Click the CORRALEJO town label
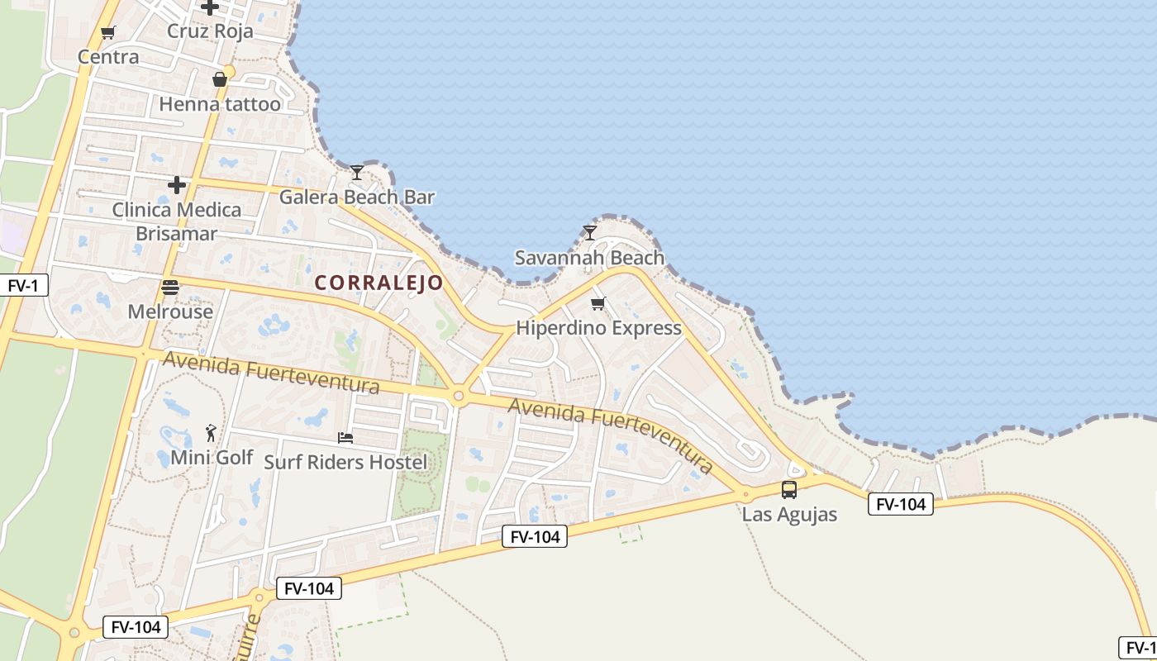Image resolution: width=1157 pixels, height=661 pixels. (x=379, y=283)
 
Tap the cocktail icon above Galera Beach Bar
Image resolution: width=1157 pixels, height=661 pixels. (x=357, y=172)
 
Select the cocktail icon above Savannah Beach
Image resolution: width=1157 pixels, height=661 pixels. (x=589, y=232)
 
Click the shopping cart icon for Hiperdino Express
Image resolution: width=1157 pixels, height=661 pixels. (x=598, y=303)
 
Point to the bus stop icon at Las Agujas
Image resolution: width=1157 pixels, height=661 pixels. (x=789, y=489)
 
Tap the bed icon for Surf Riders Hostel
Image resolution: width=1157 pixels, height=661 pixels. (x=345, y=437)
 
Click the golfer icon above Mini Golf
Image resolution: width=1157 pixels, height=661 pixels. (x=212, y=432)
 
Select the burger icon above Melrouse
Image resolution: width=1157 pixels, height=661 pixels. (x=170, y=288)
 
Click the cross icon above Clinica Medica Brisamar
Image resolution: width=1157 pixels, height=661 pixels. (x=177, y=185)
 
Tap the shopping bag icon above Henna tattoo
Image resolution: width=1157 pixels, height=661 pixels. (x=220, y=79)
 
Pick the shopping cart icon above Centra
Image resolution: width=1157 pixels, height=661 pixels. (x=107, y=33)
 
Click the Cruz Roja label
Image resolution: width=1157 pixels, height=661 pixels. (x=210, y=31)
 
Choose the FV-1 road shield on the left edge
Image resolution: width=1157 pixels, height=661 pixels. (x=23, y=286)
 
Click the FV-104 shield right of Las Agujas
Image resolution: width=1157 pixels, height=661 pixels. (x=900, y=504)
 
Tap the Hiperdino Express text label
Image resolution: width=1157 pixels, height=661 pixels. (x=598, y=328)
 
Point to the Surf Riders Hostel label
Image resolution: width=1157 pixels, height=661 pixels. (x=345, y=462)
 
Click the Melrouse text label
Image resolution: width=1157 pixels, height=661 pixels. (x=170, y=311)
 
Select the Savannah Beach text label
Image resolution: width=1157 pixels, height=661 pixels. (x=589, y=258)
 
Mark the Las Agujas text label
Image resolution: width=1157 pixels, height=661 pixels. (x=789, y=514)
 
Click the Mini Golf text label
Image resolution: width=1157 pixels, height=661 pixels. (x=212, y=457)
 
